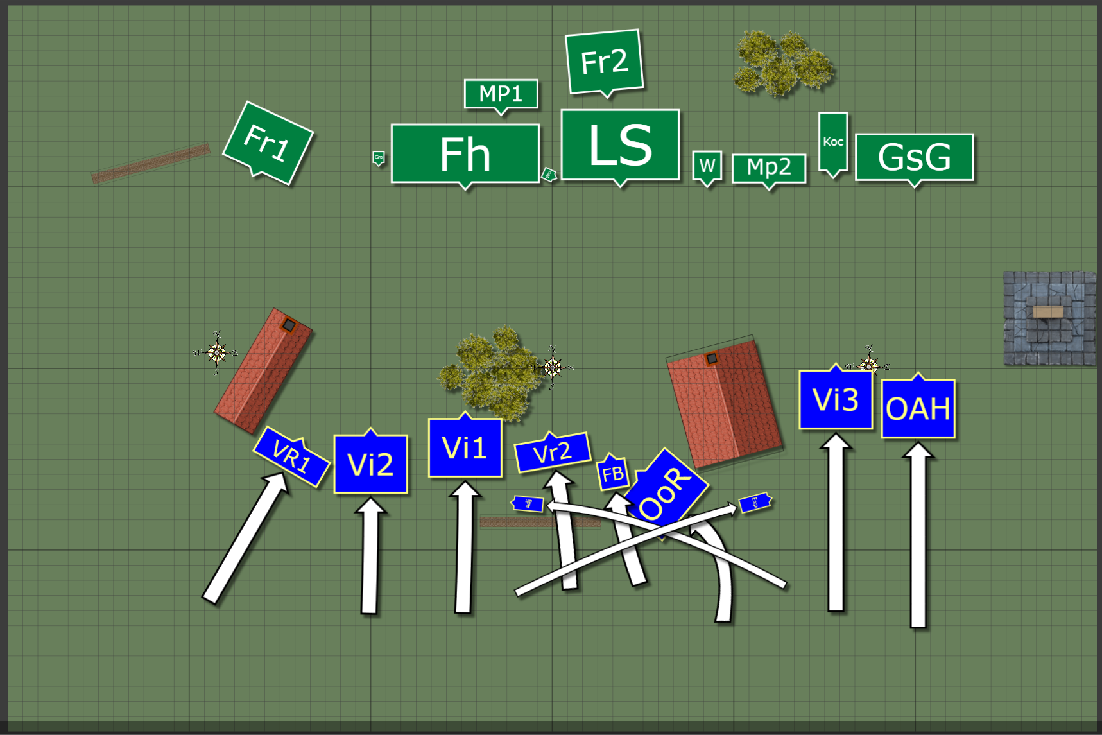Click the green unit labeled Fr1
(x=268, y=143)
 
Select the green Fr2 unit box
(x=604, y=62)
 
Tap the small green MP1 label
(x=501, y=94)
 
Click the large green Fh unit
(x=465, y=154)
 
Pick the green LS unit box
(x=620, y=145)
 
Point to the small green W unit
(x=707, y=166)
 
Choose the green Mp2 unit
(x=769, y=168)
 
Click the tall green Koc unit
(x=833, y=142)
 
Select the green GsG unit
(x=915, y=157)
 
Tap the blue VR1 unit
(x=291, y=456)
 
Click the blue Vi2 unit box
(x=371, y=464)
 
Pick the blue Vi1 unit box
(x=465, y=447)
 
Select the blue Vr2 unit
(x=553, y=452)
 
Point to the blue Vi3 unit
(x=836, y=400)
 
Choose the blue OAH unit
(x=918, y=409)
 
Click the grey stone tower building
(x=1049, y=318)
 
